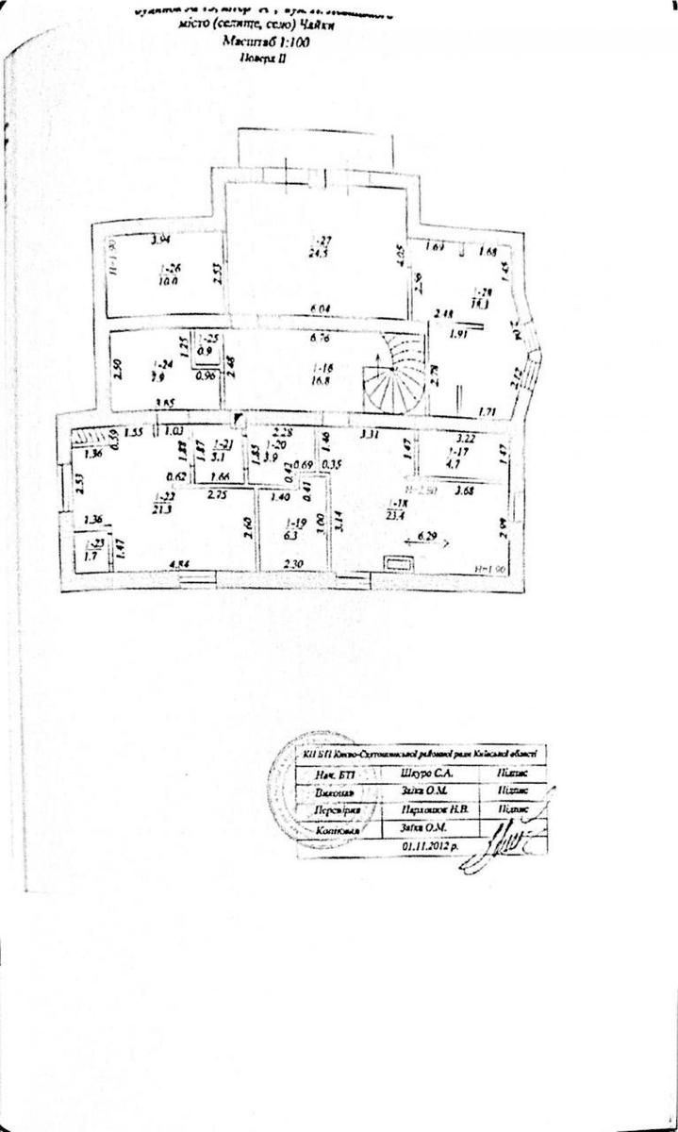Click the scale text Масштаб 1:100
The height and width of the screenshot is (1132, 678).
(x=265, y=42)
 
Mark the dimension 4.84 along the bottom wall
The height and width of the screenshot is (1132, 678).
(x=179, y=565)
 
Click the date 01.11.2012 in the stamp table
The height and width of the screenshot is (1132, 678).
(x=429, y=847)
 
